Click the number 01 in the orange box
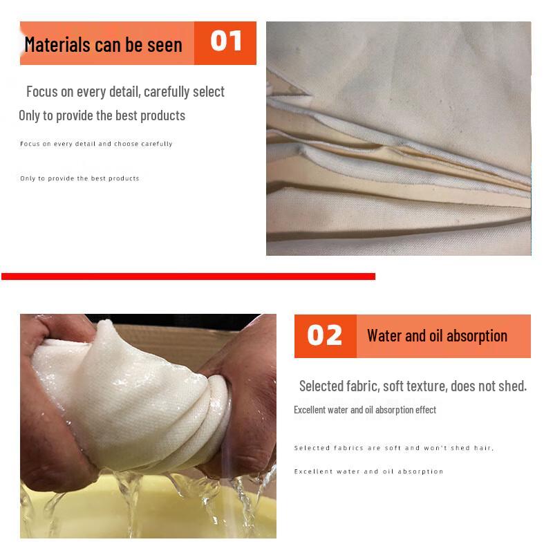tap(225, 41)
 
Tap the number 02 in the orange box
tap(325, 335)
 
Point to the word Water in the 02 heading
tap(384, 336)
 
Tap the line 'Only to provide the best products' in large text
tap(102, 115)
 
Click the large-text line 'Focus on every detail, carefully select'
tap(125, 91)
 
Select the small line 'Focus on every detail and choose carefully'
tap(96, 144)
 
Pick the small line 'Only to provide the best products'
tap(79, 178)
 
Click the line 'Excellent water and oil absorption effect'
tap(365, 410)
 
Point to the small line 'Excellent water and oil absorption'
tap(368, 471)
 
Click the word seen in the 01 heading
tap(165, 45)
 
